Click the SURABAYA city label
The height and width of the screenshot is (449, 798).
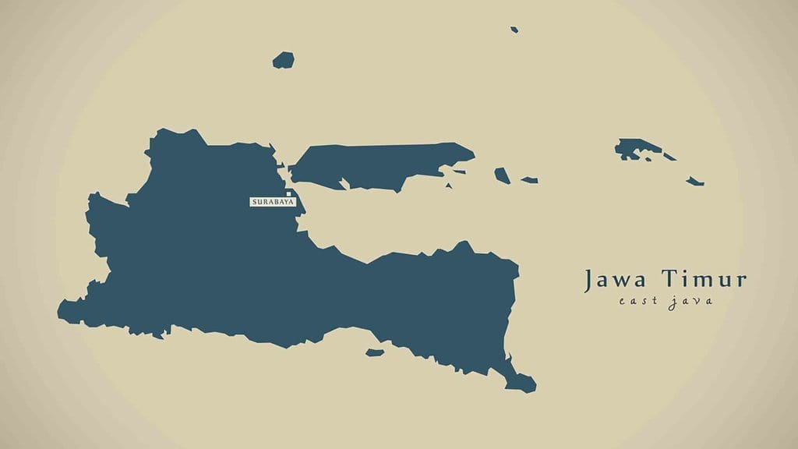(x=272, y=202)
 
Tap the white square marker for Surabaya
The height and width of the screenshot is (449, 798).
(x=288, y=193)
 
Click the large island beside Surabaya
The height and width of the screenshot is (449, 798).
(x=374, y=164)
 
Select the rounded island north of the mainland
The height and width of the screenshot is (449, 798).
(x=284, y=60)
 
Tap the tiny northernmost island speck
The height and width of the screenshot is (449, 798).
(x=514, y=30)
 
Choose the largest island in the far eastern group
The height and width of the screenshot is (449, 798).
(x=635, y=148)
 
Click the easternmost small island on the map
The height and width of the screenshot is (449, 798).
(x=695, y=182)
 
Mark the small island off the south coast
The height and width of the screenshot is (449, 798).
(x=376, y=352)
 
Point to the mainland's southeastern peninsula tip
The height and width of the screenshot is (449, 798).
(x=524, y=384)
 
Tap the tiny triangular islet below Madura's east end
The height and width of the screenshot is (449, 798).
(x=449, y=186)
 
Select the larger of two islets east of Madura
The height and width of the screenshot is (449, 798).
(x=502, y=175)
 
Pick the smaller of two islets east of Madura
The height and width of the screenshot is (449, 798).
(x=530, y=180)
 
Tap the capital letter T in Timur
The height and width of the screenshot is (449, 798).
(x=670, y=279)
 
